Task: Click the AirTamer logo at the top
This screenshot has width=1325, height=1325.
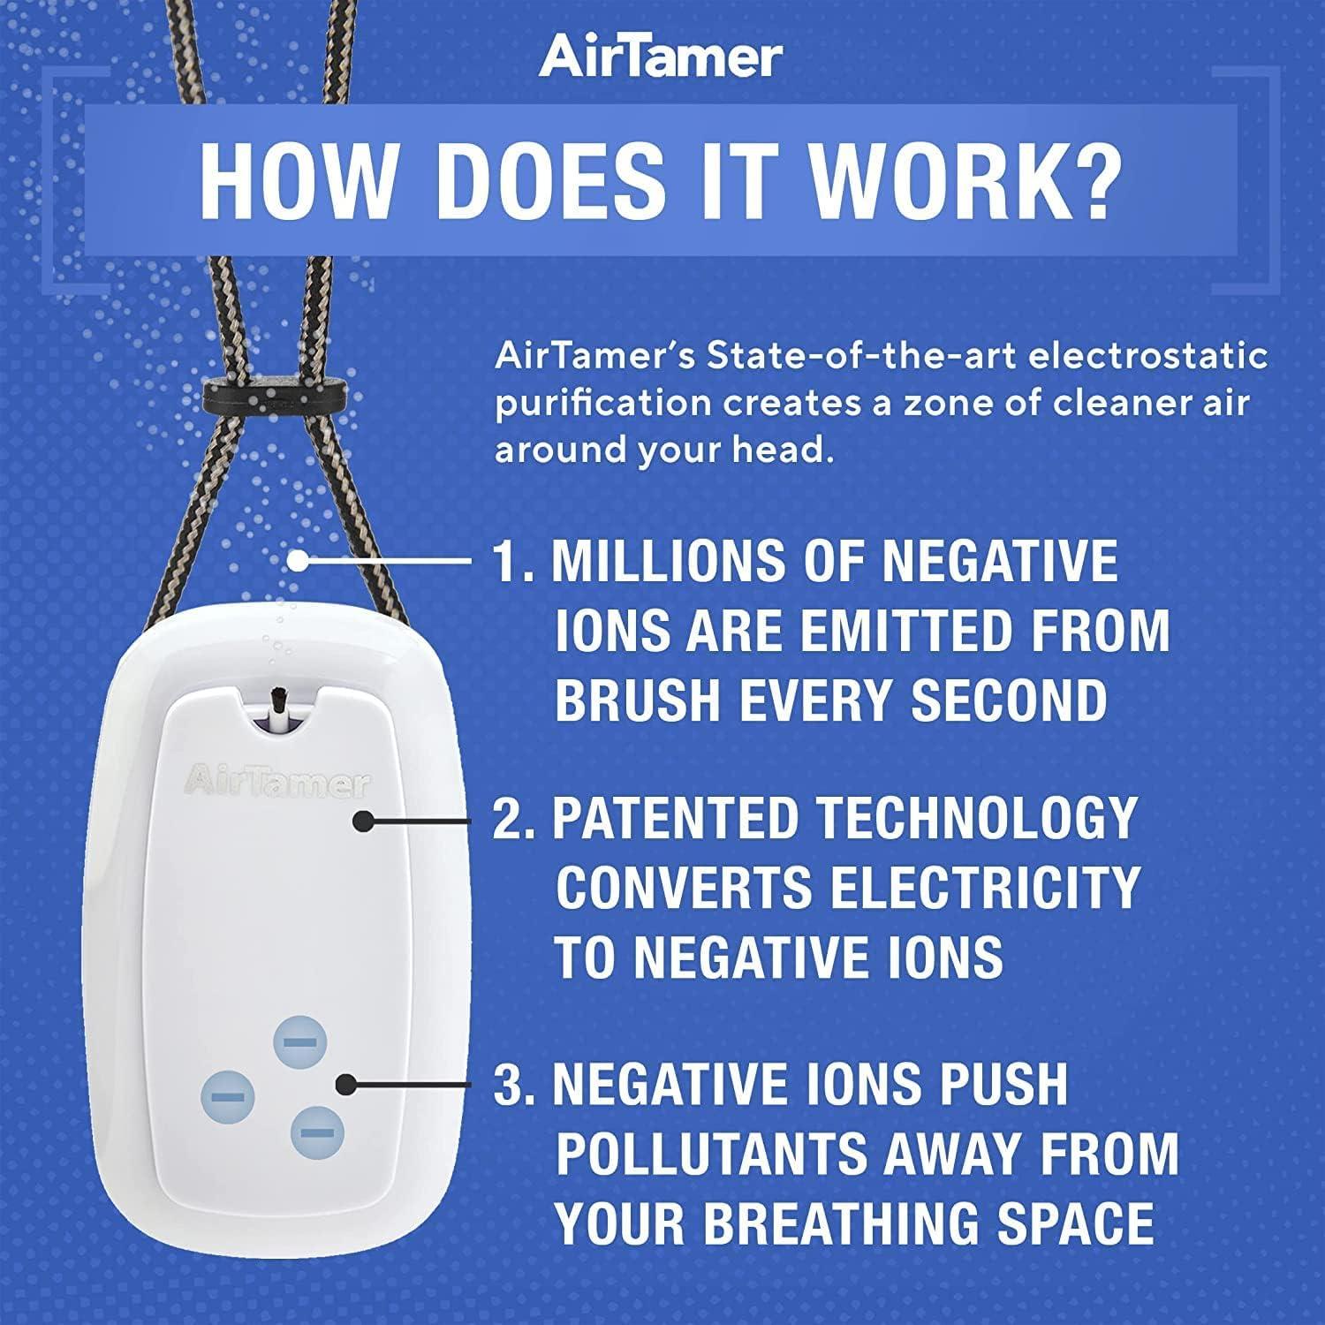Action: (661, 57)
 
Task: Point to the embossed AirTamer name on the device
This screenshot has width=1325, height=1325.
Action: (276, 782)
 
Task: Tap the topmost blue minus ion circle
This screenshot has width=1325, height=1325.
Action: (299, 1042)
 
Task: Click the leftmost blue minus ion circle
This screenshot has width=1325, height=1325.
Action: (228, 1096)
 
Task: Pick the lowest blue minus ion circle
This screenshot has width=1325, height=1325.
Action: (317, 1132)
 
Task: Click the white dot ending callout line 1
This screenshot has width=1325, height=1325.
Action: (300, 560)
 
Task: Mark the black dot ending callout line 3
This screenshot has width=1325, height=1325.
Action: (348, 1084)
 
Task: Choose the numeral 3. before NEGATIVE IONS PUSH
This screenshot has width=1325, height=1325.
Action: (514, 1084)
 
